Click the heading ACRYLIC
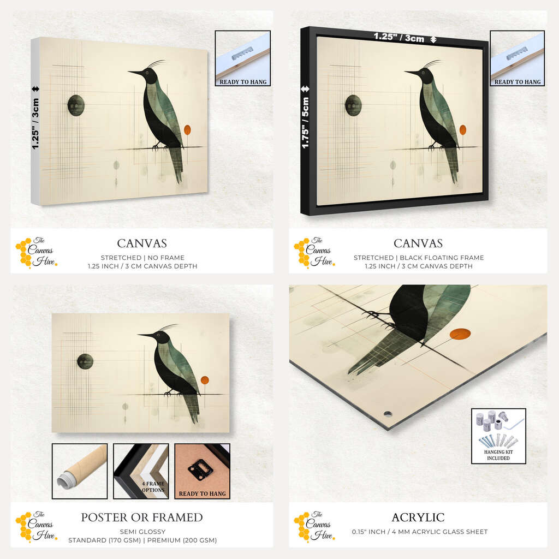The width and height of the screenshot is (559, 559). coord(418,518)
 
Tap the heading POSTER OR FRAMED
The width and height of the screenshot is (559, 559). coord(142,518)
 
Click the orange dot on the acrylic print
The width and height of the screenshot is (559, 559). coord(460,334)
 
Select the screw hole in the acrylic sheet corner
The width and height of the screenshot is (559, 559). coord(388,414)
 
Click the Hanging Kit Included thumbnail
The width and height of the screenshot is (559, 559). coord(498,436)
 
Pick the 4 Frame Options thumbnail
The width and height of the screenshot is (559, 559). coord(141,471)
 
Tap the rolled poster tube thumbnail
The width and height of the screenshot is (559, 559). coord(80,471)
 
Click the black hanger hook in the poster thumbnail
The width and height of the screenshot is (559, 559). coord(200,470)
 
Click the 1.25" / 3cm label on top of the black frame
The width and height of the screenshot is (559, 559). coord(399,37)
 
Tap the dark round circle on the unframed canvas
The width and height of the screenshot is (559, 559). coord(76,105)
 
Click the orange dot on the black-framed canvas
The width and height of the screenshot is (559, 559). coord(463,130)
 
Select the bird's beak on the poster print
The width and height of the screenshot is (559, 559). coord(146,335)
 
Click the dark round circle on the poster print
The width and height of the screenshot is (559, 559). coord(85,361)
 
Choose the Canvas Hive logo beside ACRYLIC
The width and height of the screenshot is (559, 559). coord(314,526)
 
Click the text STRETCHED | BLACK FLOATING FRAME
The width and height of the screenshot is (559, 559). coord(419,258)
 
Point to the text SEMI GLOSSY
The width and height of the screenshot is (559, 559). coord(142,532)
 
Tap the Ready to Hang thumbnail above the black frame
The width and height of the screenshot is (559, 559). coord(518,58)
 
